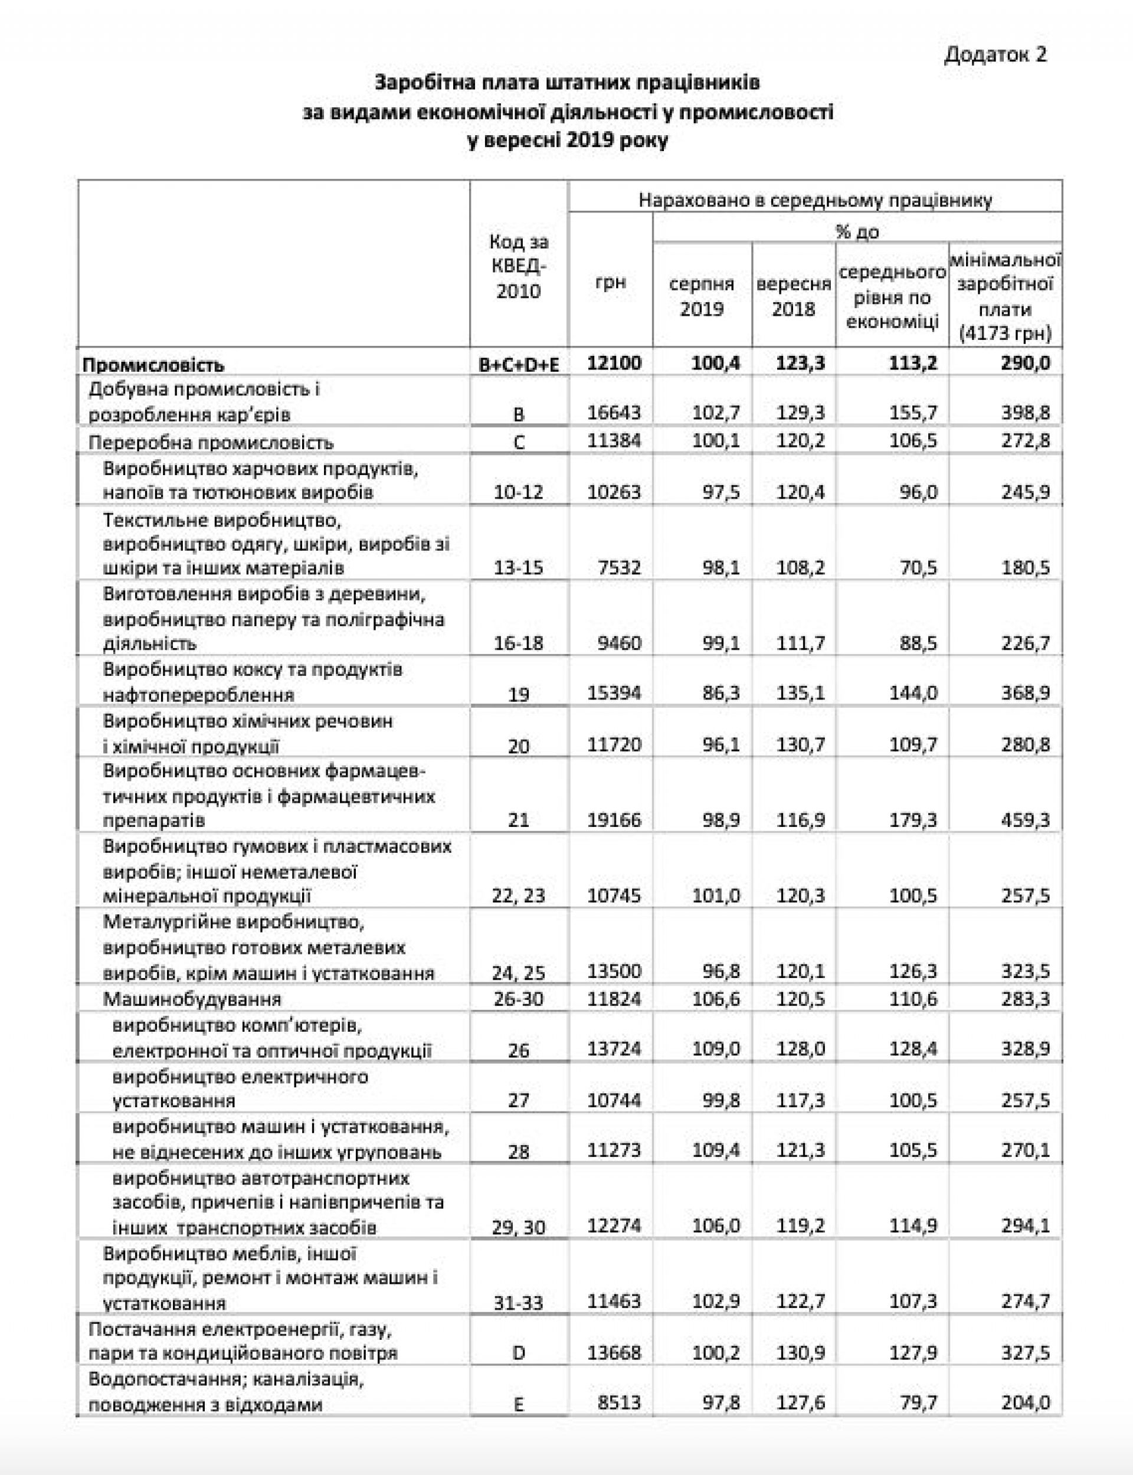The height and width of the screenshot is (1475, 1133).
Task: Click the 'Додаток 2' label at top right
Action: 996,54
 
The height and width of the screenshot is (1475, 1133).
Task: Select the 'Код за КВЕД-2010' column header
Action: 519,266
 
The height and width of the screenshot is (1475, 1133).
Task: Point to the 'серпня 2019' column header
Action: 702,296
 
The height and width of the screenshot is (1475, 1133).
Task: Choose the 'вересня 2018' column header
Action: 793,296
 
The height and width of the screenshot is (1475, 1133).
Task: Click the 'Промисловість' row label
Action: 153,365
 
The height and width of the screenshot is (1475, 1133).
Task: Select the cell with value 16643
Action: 614,412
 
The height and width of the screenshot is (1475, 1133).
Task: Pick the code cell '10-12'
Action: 519,492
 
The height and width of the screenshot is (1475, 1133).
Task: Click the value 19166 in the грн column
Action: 614,820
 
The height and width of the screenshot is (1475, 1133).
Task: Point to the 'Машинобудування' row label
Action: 192,998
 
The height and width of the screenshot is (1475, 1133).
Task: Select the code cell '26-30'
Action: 519,998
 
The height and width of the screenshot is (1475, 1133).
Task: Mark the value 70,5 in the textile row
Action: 919,567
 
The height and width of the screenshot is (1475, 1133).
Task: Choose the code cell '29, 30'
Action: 519,1227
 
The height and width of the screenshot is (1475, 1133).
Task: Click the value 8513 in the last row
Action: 619,1403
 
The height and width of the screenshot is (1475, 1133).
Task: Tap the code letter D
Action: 519,1353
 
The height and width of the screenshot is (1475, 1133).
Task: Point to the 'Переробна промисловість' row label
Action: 211,443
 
